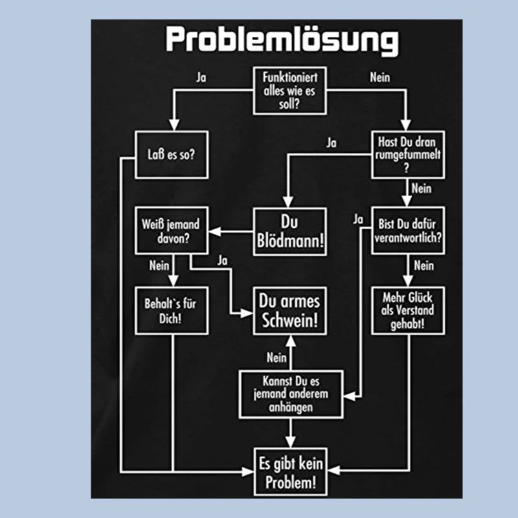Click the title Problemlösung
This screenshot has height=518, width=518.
pyautogui.click(x=282, y=41)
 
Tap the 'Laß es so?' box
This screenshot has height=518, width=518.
pyautogui.click(x=172, y=155)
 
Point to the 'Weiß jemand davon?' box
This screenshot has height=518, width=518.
pyautogui.click(x=171, y=231)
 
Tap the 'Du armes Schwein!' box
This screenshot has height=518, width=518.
pyautogui.click(x=289, y=310)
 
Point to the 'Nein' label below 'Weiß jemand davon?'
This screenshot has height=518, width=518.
pyautogui.click(x=159, y=265)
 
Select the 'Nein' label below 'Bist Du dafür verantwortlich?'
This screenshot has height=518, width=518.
pyautogui.click(x=423, y=265)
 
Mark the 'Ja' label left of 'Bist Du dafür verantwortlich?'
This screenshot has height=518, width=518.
pyautogui.click(x=358, y=220)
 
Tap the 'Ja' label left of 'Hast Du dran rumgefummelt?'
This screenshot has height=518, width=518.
pyautogui.click(x=332, y=142)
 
